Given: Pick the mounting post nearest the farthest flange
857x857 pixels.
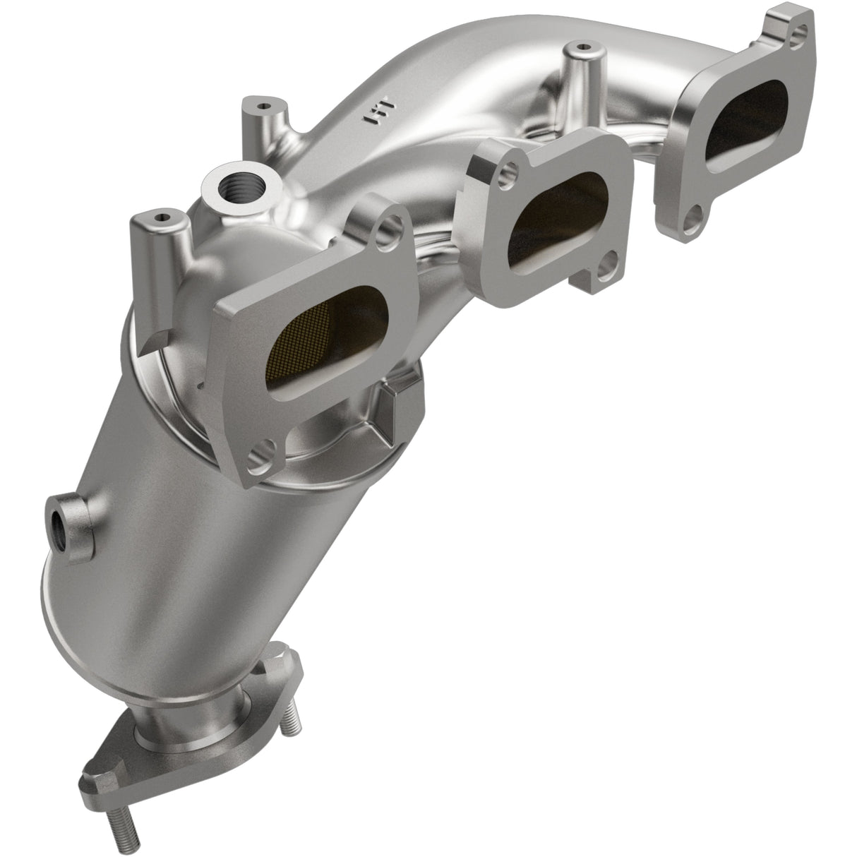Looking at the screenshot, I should tap(580, 53).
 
